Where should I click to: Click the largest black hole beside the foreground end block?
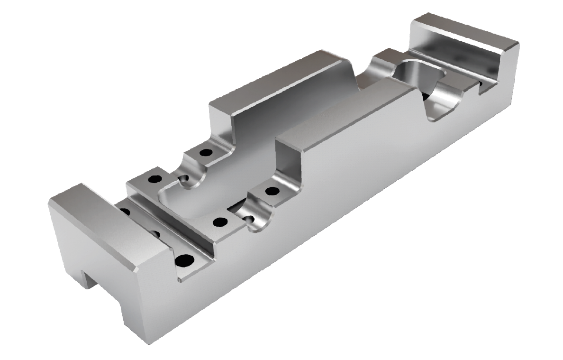pos(184,260)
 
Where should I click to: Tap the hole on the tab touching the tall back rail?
pos(206,153)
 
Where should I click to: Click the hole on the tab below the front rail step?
pos(272,192)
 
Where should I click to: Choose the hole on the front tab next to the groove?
pos(219,222)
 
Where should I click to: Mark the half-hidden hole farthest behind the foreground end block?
pos(124,211)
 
